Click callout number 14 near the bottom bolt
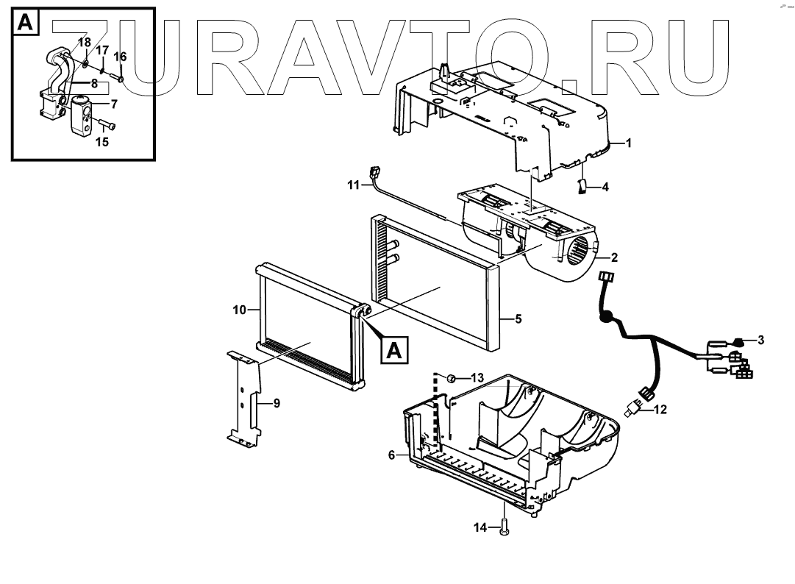(480, 527)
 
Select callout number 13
(477, 378)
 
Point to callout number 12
(660, 410)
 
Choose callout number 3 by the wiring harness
(760, 340)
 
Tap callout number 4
(605, 188)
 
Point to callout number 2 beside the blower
(614, 258)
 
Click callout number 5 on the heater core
(518, 319)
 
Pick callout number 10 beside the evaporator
(240, 310)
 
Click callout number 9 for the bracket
(277, 403)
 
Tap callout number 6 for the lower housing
(392, 455)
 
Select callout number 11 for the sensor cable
(354, 185)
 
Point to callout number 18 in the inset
(85, 44)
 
